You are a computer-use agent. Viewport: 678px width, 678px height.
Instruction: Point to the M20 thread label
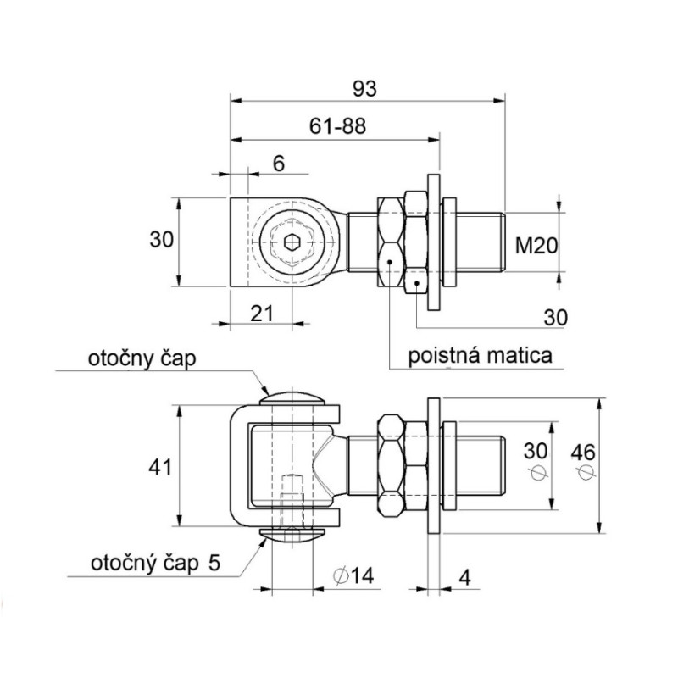click(536, 246)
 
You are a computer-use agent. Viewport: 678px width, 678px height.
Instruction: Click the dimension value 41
click(161, 466)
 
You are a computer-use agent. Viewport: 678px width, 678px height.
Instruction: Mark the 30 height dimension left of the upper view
click(161, 240)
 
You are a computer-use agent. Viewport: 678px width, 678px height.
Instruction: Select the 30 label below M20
click(554, 316)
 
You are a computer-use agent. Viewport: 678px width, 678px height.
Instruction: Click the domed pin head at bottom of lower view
click(292, 533)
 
